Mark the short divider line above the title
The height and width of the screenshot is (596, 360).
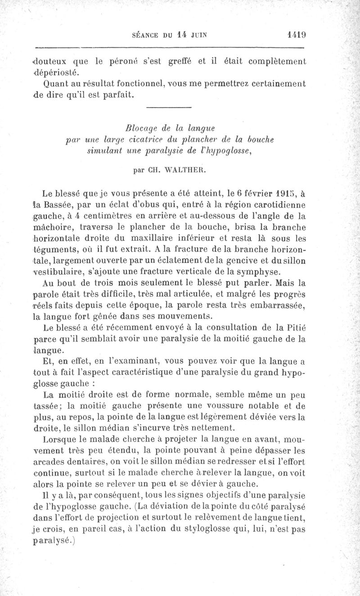tap(169, 107)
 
